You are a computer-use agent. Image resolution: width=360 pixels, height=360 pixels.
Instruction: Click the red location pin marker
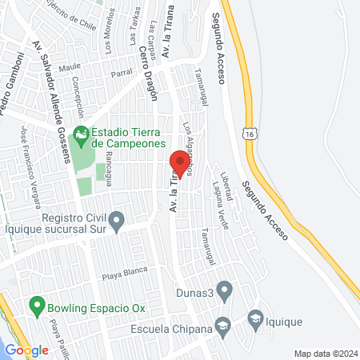click(x=180, y=166)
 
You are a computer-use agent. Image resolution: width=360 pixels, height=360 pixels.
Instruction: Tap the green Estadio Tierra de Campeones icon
click(x=80, y=134)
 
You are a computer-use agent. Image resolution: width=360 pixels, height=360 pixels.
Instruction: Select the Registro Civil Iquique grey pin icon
click(x=117, y=218)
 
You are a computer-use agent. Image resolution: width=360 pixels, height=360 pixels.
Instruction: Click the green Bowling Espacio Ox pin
click(x=36, y=305)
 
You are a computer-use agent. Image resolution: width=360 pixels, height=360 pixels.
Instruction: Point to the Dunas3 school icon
click(x=225, y=289)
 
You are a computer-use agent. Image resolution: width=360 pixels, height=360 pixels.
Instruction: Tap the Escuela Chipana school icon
click(x=222, y=325)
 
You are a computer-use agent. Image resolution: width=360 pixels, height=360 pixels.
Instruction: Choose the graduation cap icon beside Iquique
click(x=256, y=318)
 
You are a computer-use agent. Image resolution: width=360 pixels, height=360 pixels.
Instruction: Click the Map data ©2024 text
click(x=324, y=353)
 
